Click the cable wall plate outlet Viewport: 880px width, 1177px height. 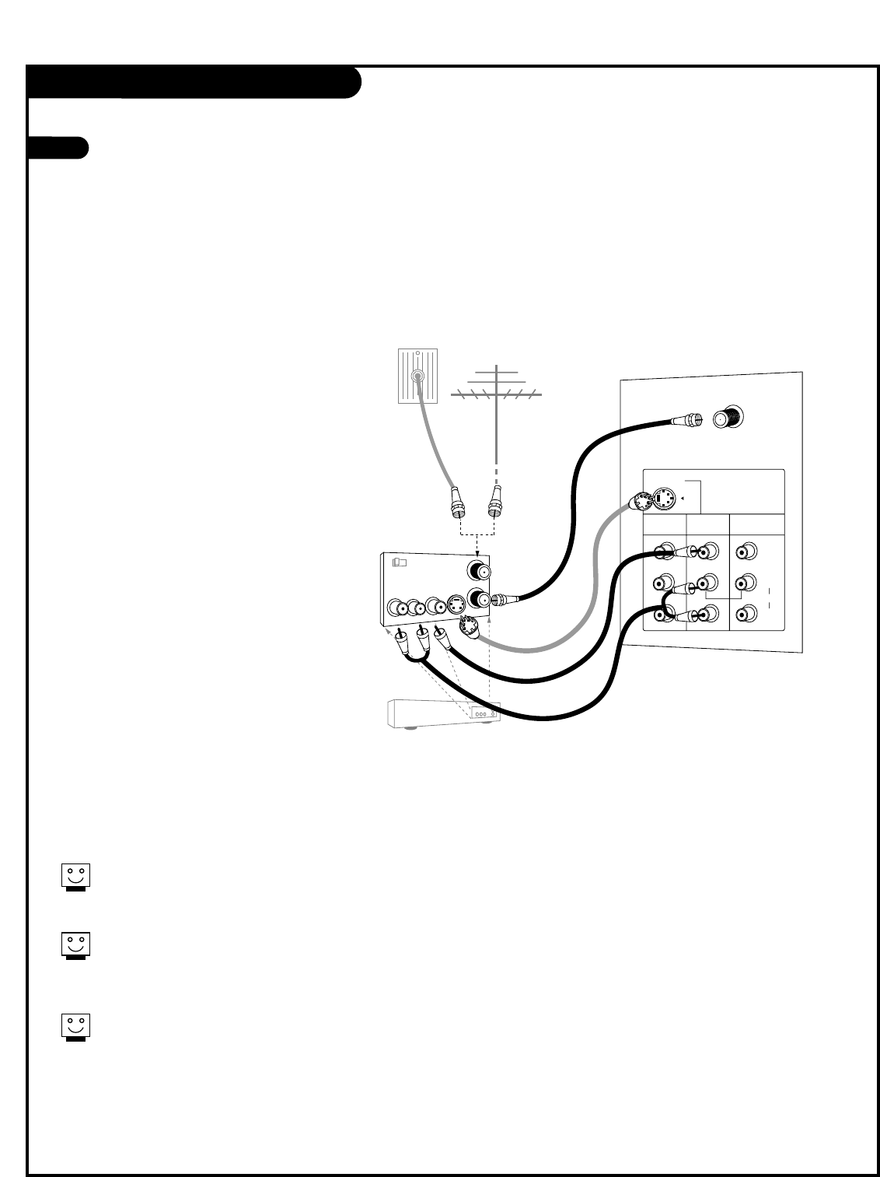417,376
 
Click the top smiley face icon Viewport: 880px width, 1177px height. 75,875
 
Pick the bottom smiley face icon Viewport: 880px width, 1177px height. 75,1027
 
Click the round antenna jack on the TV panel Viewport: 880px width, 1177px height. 728,418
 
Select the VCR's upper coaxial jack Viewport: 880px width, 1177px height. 476,571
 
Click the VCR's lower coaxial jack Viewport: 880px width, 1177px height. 476,600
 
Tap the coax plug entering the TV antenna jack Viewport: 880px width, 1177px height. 687,421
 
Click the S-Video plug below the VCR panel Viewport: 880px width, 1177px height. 468,626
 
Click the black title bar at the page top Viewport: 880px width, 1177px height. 194,82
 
